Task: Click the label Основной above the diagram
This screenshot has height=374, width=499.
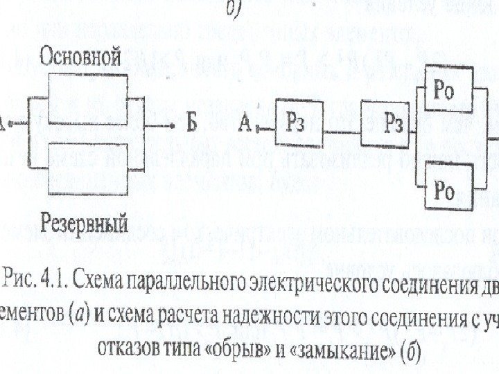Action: pos(82,56)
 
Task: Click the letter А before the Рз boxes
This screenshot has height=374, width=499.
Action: pos(245,125)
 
